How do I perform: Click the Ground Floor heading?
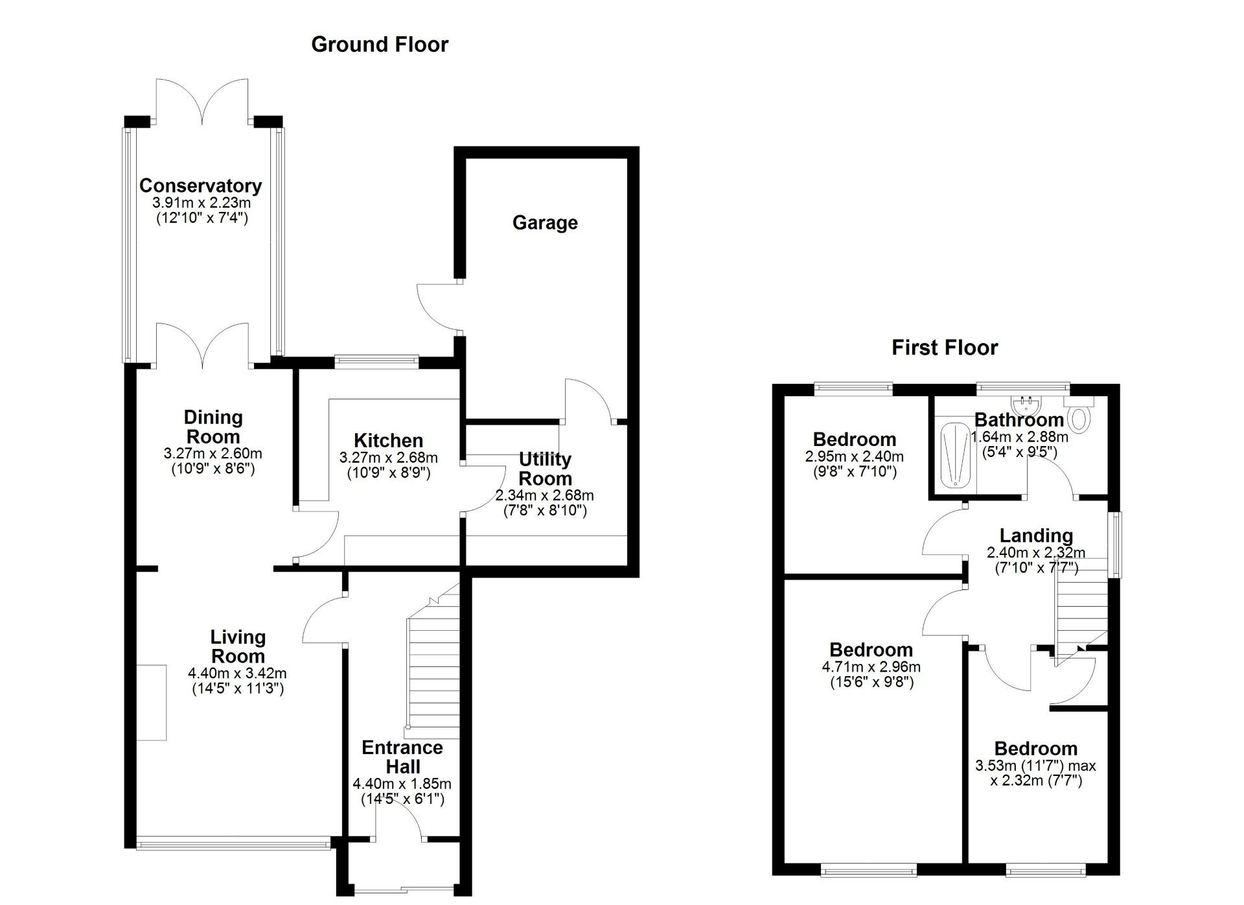380,45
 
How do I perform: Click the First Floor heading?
944,347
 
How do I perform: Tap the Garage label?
545,223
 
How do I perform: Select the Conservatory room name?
201,185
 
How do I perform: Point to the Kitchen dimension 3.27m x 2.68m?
388,458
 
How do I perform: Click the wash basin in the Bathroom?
1026,406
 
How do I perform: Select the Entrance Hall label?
402,757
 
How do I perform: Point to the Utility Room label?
545,469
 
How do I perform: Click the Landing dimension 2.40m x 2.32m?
1035,553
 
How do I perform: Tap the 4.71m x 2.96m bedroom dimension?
871,667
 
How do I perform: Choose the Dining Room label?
213,427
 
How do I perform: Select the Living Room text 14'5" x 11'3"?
238,688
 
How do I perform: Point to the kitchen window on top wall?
376,362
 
